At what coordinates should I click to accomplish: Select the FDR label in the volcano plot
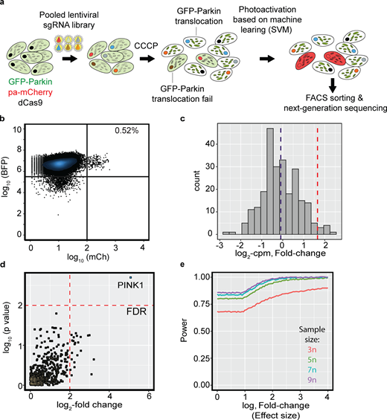click(135, 314)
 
